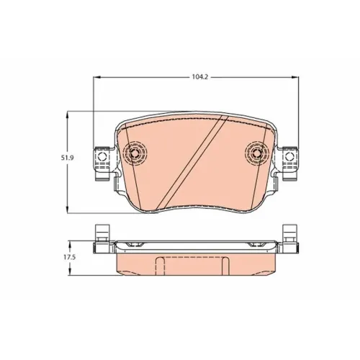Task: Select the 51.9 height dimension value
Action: click(x=66, y=158)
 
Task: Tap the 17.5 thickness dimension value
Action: click(x=70, y=257)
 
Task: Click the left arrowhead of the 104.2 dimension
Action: click(x=96, y=77)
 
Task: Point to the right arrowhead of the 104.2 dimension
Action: click(x=295, y=77)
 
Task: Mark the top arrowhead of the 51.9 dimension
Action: click(x=68, y=114)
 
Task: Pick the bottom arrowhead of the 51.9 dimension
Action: click(x=68, y=210)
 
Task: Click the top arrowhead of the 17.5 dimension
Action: click(x=70, y=244)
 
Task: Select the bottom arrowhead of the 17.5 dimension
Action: click(x=70, y=271)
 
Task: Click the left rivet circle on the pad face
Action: click(x=135, y=153)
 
